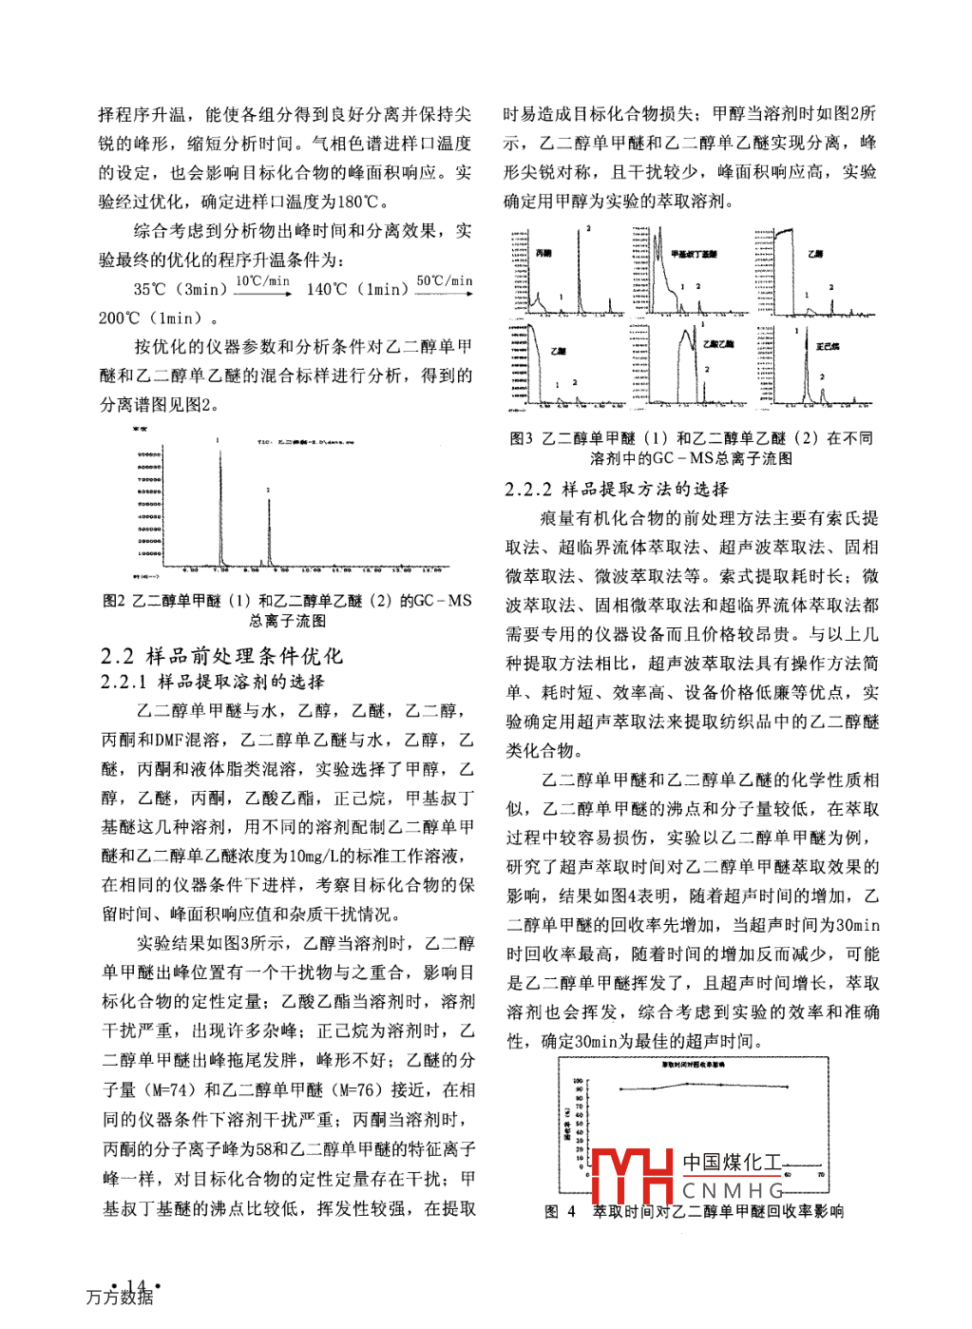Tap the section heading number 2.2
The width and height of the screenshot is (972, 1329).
click(x=118, y=656)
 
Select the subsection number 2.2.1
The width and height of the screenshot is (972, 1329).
click(x=124, y=682)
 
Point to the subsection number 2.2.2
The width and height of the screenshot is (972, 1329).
click(x=528, y=490)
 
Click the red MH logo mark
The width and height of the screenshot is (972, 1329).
click(x=632, y=1176)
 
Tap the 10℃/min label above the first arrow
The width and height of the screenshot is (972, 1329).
click(x=262, y=281)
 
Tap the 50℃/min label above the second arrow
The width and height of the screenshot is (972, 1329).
click(x=445, y=281)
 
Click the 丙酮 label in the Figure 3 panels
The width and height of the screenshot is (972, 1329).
click(x=543, y=254)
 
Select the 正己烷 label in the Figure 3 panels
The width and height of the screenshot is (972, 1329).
click(x=828, y=347)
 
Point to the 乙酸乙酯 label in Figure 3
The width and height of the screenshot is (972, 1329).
click(x=718, y=344)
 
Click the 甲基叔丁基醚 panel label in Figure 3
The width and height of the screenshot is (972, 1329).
click(x=695, y=255)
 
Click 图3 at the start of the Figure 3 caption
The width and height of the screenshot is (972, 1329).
click(x=522, y=438)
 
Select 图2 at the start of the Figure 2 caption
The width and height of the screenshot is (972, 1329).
click(x=114, y=601)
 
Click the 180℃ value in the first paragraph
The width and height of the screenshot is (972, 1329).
click(x=362, y=202)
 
